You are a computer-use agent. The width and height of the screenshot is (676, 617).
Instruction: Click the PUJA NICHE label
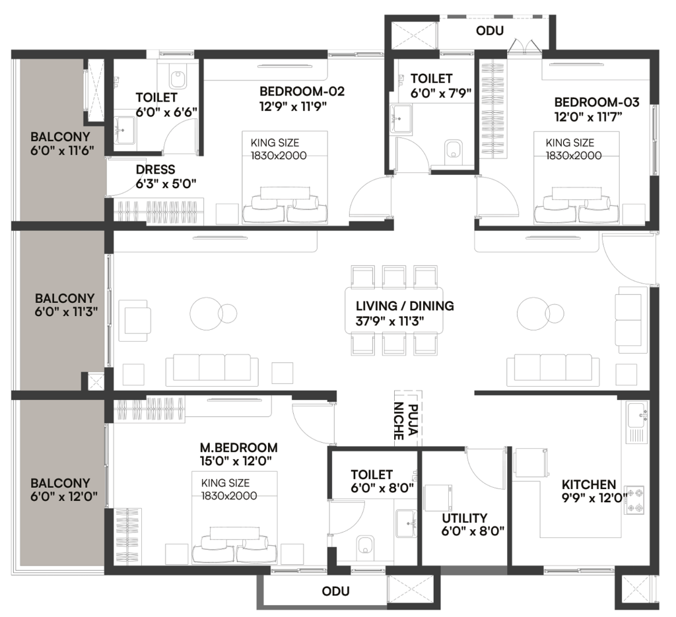click(x=406, y=422)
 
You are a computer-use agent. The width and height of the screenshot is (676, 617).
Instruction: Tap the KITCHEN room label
click(x=588, y=484)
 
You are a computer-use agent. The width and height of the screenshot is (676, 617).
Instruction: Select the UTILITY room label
click(x=464, y=518)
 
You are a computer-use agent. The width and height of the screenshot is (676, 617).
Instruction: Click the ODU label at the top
click(x=490, y=31)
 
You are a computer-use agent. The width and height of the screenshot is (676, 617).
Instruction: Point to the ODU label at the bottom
click(x=335, y=591)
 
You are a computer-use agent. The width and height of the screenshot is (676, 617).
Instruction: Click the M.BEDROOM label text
click(x=238, y=447)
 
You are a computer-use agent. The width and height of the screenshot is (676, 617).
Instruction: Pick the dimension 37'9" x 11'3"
click(x=389, y=321)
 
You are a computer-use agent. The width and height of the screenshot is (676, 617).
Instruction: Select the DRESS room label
click(x=155, y=170)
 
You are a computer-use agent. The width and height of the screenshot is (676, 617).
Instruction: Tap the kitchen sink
click(x=637, y=422)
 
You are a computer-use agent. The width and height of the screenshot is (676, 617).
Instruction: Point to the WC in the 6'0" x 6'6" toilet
click(x=178, y=78)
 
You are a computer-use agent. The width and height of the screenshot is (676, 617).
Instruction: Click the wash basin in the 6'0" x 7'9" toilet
click(x=401, y=117)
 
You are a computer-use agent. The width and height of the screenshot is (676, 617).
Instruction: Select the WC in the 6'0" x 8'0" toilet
click(x=366, y=545)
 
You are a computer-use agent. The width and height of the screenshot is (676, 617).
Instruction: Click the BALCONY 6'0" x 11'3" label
click(x=66, y=305)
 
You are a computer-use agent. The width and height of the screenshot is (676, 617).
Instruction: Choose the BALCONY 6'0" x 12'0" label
click(x=64, y=490)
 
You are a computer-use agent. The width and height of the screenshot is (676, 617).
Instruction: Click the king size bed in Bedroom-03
click(x=576, y=178)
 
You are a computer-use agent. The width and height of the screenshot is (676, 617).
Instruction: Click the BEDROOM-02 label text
click(x=302, y=91)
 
